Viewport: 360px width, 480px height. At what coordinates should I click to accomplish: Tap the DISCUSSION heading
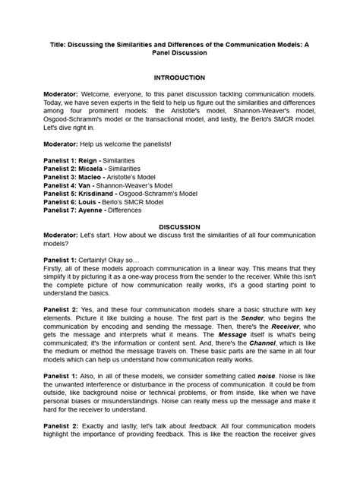pyautogui.click(x=179, y=226)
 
